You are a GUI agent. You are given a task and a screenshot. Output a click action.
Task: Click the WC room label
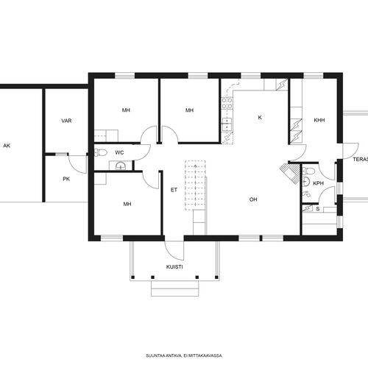(x=119, y=152)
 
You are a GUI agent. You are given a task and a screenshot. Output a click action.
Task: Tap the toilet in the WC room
(x=101, y=152)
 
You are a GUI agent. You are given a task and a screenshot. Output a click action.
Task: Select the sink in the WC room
(x=121, y=166)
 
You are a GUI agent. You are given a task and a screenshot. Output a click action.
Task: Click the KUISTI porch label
(x=174, y=267)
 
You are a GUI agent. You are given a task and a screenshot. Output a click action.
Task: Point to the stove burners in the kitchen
(x=227, y=103)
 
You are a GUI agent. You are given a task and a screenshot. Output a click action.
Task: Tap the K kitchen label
(x=260, y=118)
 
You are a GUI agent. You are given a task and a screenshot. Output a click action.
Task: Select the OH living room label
(x=253, y=199)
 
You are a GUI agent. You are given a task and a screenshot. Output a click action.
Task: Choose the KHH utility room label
(x=319, y=120)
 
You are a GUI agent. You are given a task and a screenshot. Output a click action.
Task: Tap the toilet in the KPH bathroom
(x=309, y=171)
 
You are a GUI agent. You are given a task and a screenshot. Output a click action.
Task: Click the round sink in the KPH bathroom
(x=306, y=182)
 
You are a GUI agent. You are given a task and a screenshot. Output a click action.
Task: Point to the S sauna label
(x=318, y=209)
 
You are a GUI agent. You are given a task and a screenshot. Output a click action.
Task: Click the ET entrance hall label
(x=174, y=190)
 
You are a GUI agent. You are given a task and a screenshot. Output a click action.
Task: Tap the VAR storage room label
(x=66, y=121)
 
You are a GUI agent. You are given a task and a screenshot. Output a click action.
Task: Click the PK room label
(x=66, y=179)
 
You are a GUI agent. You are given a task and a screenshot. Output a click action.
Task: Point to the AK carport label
(x=7, y=146)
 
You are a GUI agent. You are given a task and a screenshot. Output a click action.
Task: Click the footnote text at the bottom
(x=184, y=355)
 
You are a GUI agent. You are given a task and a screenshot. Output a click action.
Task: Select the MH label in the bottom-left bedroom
(x=127, y=204)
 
